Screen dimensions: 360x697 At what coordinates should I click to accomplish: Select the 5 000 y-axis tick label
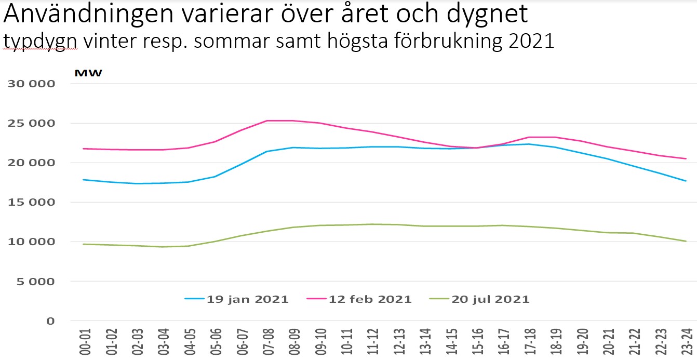37,282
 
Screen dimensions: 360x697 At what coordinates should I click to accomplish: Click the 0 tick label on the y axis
50,321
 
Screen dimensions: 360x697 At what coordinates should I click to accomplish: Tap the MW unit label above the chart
88,73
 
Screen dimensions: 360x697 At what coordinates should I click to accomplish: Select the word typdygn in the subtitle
41,42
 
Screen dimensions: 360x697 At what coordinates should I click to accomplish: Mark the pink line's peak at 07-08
266,121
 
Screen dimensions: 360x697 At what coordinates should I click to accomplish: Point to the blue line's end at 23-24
686,181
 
